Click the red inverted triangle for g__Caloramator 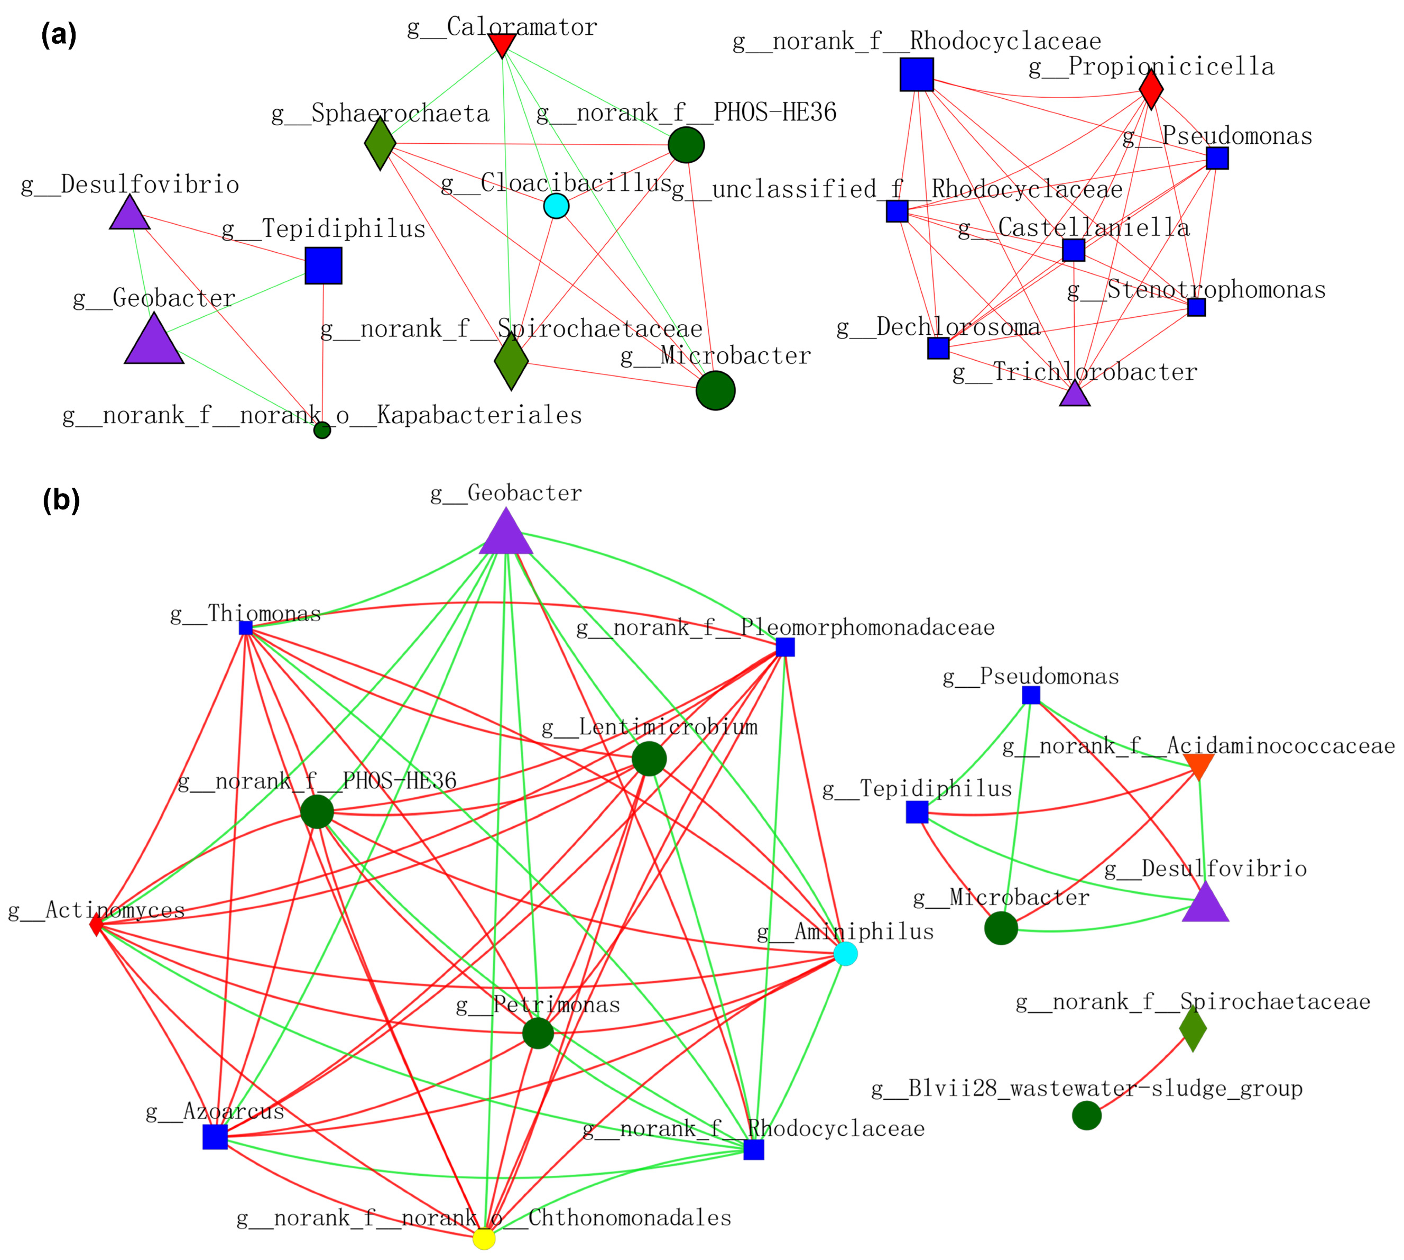point(502,44)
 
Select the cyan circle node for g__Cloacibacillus point(557,205)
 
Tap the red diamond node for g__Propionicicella point(1151,89)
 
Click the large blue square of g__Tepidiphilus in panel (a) point(323,265)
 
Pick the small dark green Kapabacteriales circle point(322,430)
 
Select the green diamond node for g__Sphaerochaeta point(380,143)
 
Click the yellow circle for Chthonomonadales point(484,1239)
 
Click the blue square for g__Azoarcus point(215,1137)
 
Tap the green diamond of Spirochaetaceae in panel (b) point(1193,1029)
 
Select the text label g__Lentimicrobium point(649,727)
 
